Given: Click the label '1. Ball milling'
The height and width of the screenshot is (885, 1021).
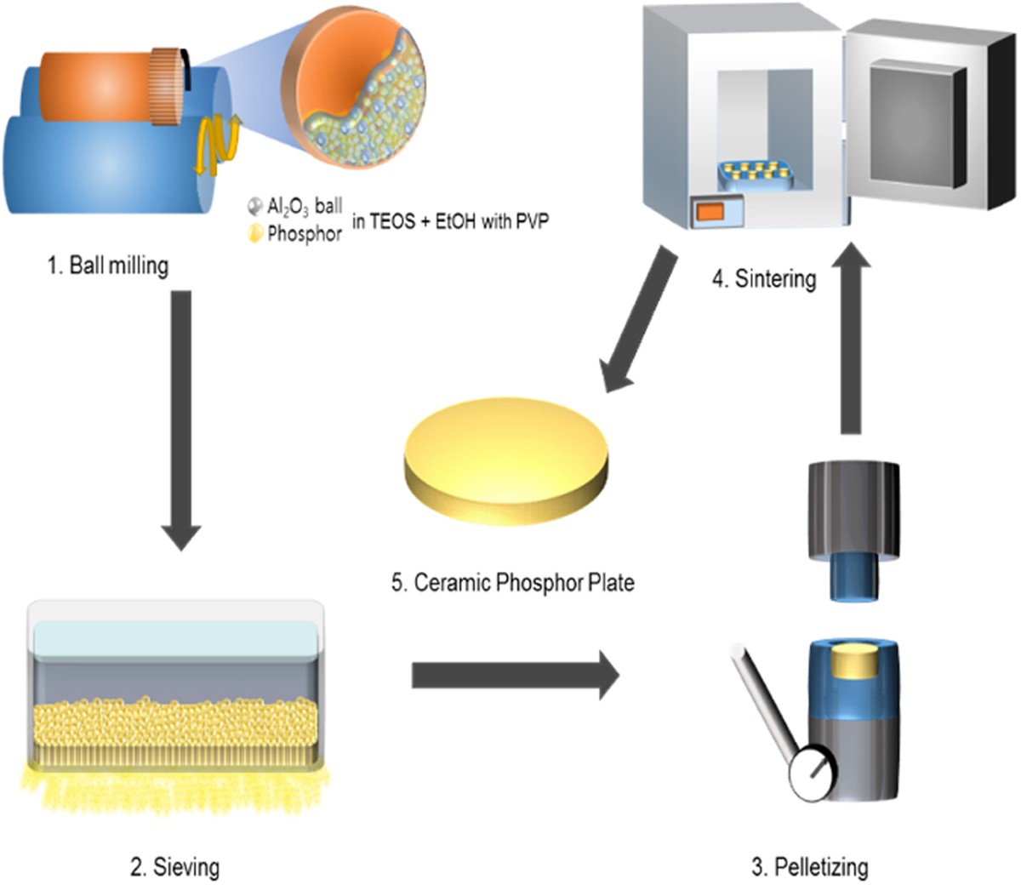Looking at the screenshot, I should coord(107,265).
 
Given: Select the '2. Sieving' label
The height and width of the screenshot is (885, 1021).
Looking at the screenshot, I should coord(174,867).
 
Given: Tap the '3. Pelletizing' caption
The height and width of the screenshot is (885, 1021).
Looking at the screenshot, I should coord(810,867).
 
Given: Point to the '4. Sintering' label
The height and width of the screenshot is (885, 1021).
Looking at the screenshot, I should coord(764,278).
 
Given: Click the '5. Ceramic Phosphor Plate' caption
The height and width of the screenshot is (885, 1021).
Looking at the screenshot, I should coord(513,583).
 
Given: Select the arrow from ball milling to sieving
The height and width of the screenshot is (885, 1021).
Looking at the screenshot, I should coord(180,417).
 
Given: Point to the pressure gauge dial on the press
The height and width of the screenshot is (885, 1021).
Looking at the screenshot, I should coord(811,774).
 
